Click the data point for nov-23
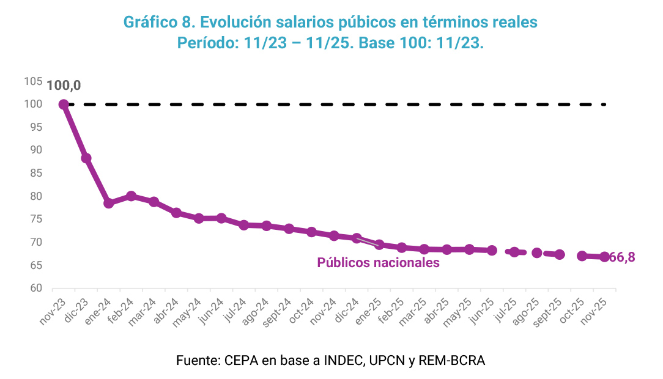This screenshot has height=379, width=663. point(64,105)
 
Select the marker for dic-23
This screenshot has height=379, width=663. point(86,158)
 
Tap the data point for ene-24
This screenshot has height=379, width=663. point(109,203)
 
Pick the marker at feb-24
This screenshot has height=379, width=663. point(131,196)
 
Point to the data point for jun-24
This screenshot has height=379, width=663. point(221,218)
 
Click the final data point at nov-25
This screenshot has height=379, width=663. point(604,257)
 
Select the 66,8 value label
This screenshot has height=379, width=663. point(622,257)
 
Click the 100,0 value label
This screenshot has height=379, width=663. point(64,86)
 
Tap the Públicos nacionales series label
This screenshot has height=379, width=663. point(378,263)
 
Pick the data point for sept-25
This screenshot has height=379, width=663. point(559,254)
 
